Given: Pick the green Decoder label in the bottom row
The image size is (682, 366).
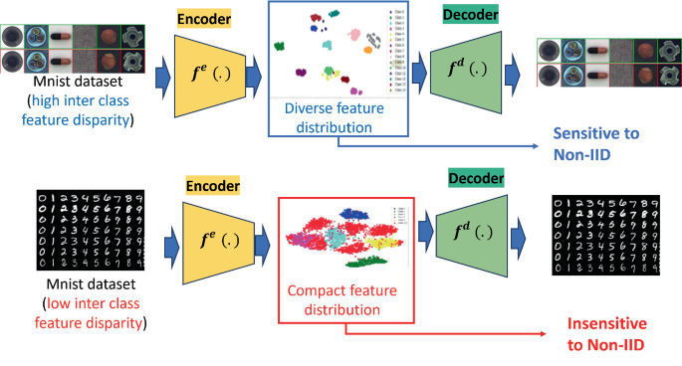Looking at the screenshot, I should click(475, 177).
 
